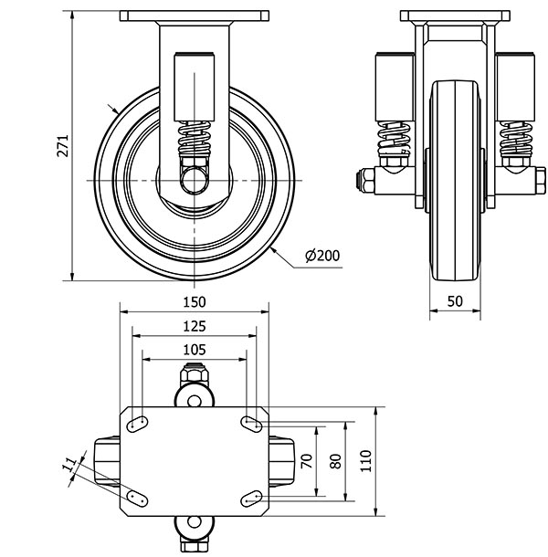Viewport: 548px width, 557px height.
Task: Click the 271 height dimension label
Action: [x=63, y=146]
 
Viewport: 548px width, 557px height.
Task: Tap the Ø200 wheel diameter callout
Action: [x=322, y=256]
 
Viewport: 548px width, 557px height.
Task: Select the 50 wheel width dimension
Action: [x=455, y=301]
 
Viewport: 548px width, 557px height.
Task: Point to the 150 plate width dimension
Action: [x=195, y=302]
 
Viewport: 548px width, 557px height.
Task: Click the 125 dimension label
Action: [x=195, y=326]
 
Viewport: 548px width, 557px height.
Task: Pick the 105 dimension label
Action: [x=195, y=350]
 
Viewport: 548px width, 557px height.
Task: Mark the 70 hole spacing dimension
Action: [x=306, y=461]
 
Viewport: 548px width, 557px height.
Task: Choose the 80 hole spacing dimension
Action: [x=335, y=461]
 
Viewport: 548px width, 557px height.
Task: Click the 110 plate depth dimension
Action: [x=365, y=461]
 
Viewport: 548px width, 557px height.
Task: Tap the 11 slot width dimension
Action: [x=70, y=465]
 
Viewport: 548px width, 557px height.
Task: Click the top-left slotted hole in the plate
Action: [x=137, y=424]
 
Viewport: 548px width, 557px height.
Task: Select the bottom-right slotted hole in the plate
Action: [x=251, y=499]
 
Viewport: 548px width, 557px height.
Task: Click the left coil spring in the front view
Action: [x=395, y=139]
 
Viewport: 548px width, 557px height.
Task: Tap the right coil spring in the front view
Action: [x=516, y=139]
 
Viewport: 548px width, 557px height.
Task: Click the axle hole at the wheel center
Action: [x=194, y=181]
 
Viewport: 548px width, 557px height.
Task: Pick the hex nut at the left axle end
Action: [x=365, y=181]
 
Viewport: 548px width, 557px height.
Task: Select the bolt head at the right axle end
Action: [x=540, y=181]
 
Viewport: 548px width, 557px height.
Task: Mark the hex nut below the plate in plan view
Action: [x=194, y=544]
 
